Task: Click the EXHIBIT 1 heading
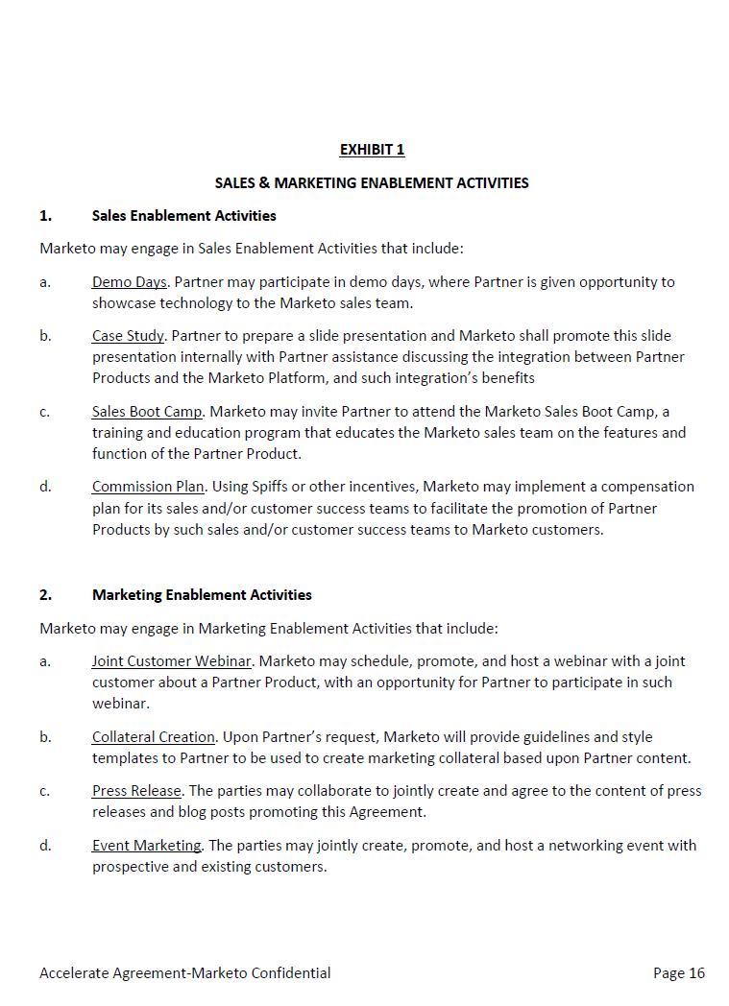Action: point(372,149)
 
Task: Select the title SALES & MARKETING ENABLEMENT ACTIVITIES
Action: point(372,182)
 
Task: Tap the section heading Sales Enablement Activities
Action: point(183,215)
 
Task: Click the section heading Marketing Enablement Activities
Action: point(202,594)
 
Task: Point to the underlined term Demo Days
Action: point(130,282)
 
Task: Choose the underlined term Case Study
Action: point(128,336)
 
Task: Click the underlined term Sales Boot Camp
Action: point(147,411)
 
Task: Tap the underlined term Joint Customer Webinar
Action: point(172,661)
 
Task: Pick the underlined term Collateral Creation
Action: point(154,737)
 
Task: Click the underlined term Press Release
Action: point(136,791)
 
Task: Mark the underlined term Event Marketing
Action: point(147,846)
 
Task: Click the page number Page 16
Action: point(678,972)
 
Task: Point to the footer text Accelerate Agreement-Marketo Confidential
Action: point(184,972)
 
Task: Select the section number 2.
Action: point(45,594)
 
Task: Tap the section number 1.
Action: point(45,215)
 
